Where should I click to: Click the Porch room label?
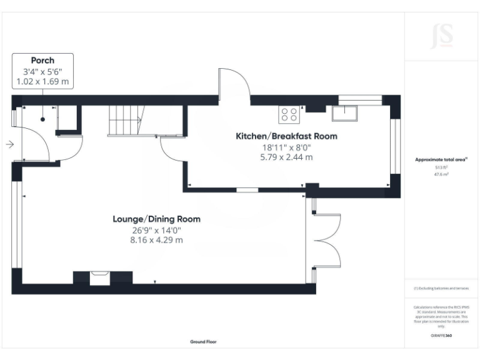(42, 61)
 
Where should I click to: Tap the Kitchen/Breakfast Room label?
(286, 136)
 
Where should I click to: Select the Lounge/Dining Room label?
(156, 219)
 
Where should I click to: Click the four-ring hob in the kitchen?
(289, 114)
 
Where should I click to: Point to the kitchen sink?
(344, 113)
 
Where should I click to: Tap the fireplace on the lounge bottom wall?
(99, 278)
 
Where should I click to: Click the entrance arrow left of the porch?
(9, 145)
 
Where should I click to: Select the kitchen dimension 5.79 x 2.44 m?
(286, 157)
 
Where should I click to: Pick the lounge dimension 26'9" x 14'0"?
(156, 230)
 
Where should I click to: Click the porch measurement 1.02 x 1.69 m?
(42, 81)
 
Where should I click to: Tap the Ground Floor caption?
(204, 342)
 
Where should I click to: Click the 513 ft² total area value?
(441, 167)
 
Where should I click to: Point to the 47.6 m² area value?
(441, 175)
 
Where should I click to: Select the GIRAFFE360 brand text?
(441, 336)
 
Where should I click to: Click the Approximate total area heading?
(441, 160)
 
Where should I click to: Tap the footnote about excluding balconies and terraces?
(441, 288)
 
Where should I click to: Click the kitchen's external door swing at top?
(232, 84)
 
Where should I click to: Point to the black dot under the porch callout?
(42, 118)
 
